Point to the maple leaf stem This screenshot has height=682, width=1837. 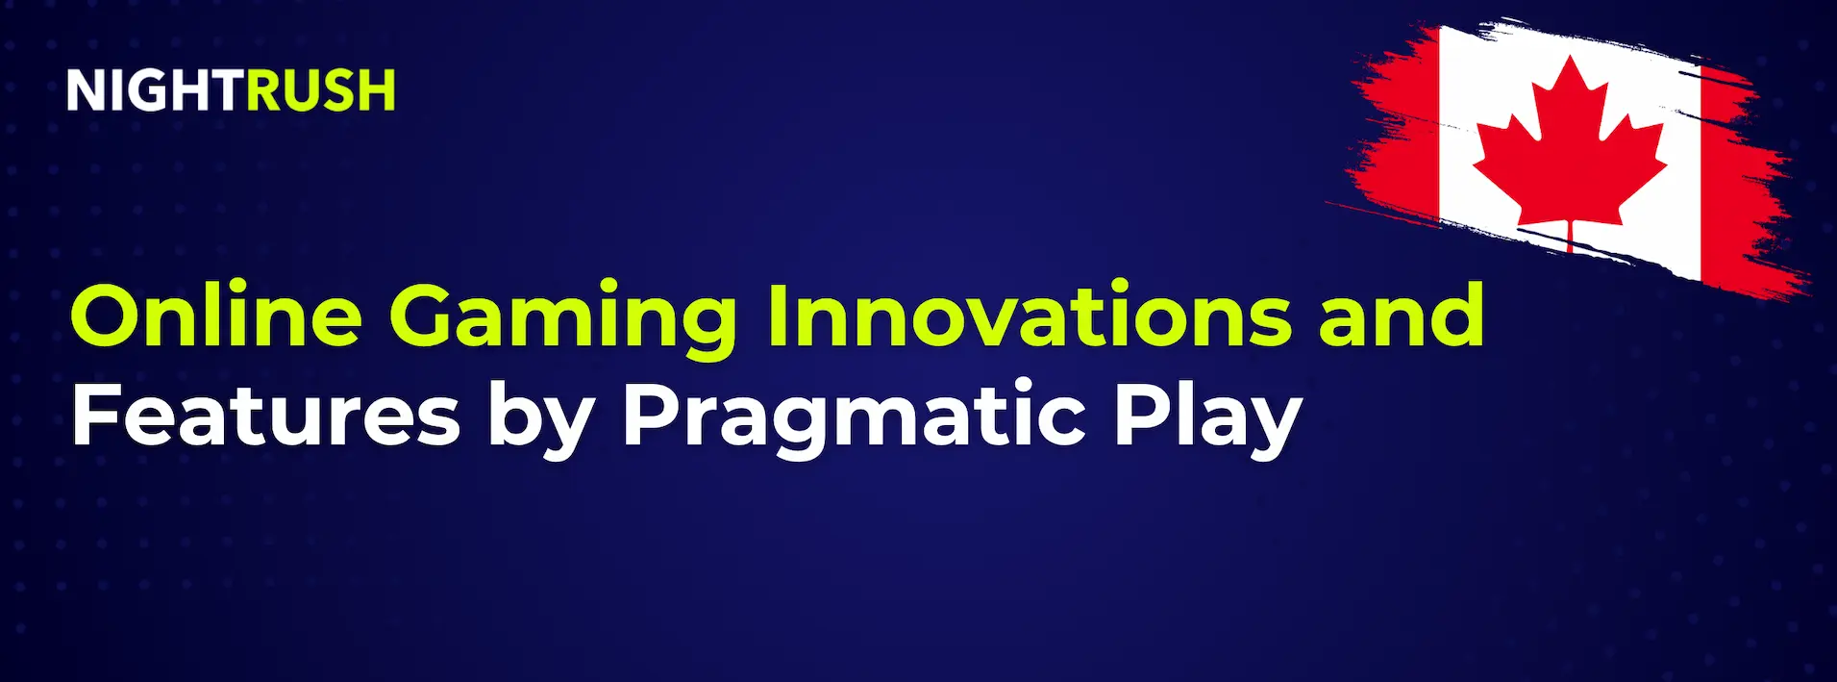(1570, 237)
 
